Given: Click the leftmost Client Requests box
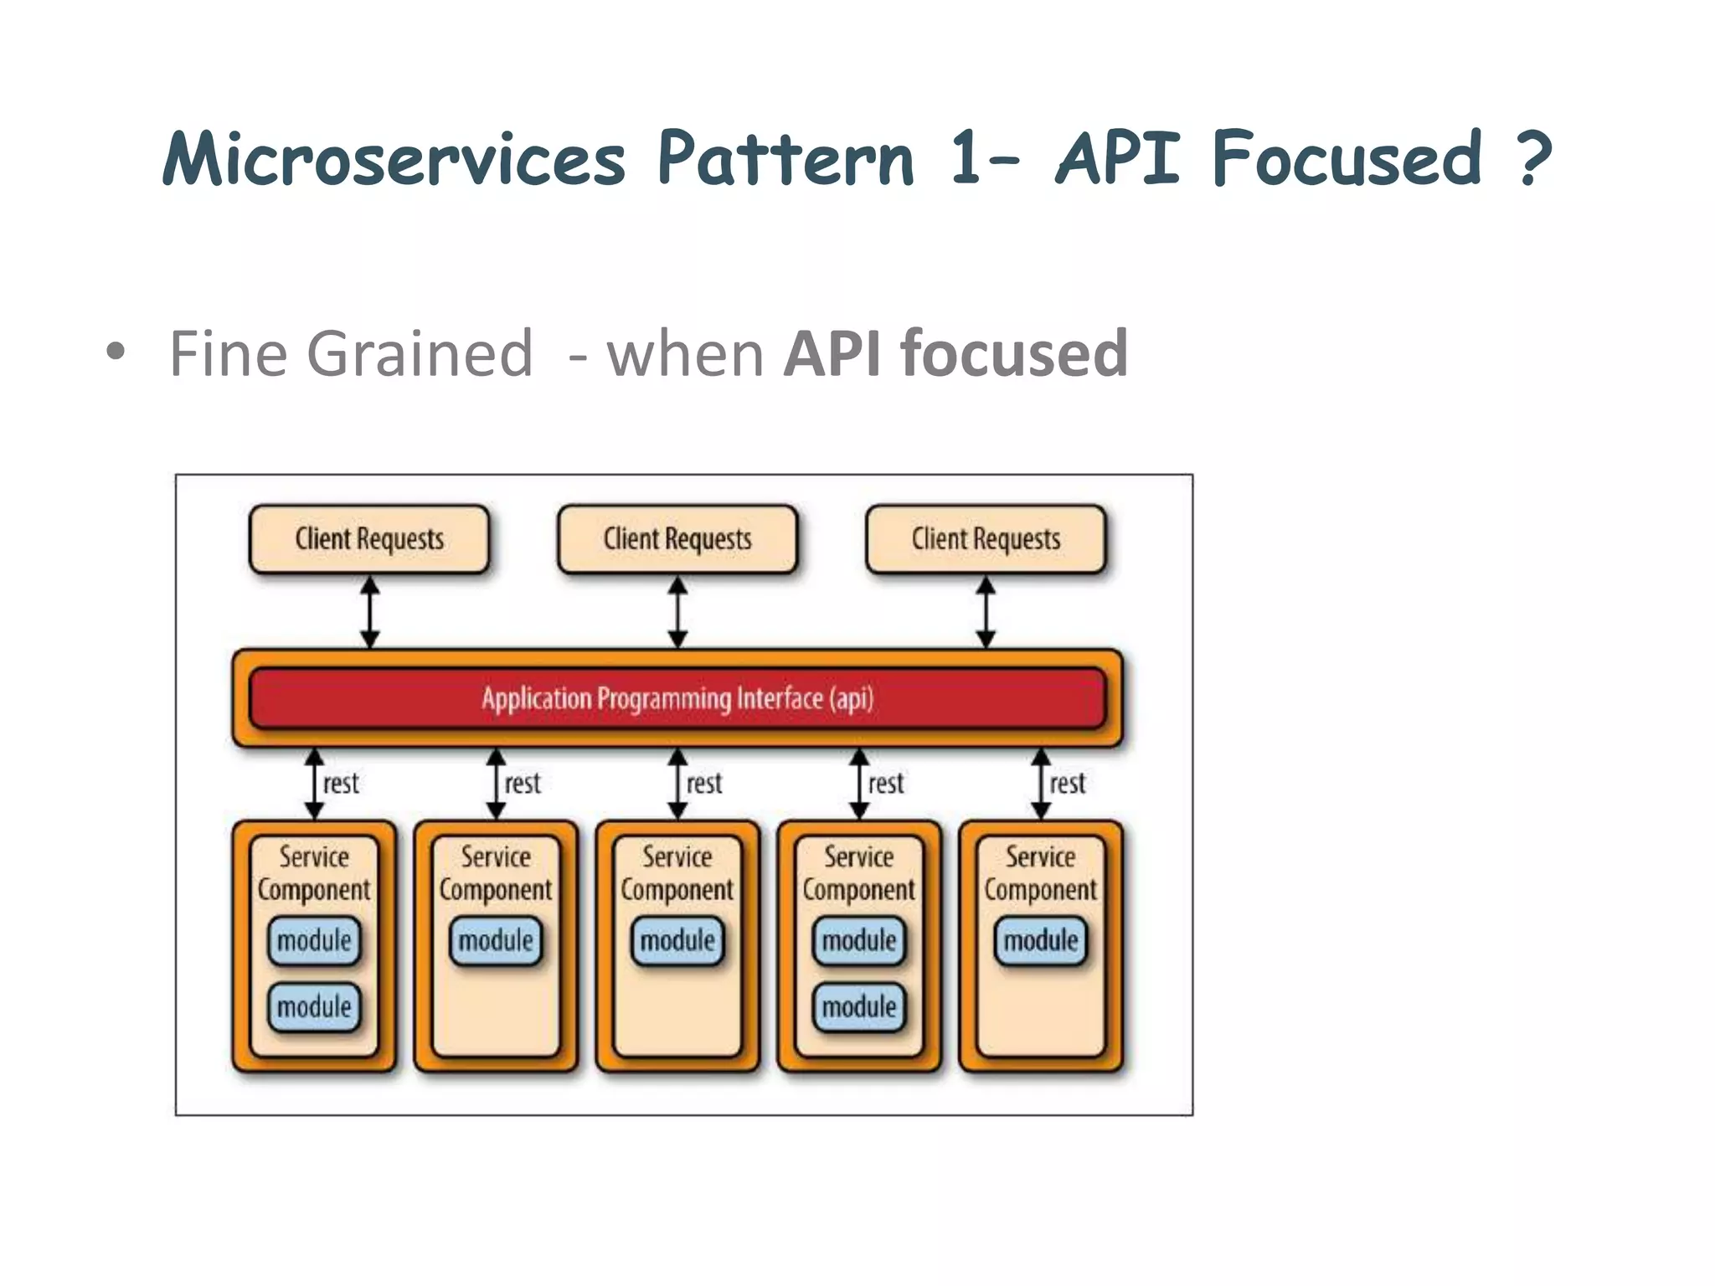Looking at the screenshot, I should tap(369, 539).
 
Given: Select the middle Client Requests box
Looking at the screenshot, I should tap(677, 539).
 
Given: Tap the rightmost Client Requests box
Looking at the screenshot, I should tap(986, 539).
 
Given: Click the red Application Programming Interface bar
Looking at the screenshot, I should tap(677, 698).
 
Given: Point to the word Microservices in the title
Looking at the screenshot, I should tap(394, 159).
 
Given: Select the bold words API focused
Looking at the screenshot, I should tap(955, 353).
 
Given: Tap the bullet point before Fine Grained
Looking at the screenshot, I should tap(116, 353).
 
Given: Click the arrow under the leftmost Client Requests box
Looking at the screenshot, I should tap(369, 612).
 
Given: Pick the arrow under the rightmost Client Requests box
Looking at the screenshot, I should tap(986, 612).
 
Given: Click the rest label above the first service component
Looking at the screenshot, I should tap(341, 784).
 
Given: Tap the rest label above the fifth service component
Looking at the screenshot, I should tap(1068, 784).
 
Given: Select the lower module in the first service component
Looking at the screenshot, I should tap(314, 1006).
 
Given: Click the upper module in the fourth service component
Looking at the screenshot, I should tap(859, 941).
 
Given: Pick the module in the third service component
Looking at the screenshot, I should tap(677, 941).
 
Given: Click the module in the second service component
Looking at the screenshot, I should tap(496, 941).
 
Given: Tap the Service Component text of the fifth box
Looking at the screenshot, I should tap(1040, 873).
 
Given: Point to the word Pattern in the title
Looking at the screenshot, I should tap(785, 159).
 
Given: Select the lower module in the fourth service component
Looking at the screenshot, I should tap(859, 1006).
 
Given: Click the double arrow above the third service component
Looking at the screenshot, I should tap(677, 784).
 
